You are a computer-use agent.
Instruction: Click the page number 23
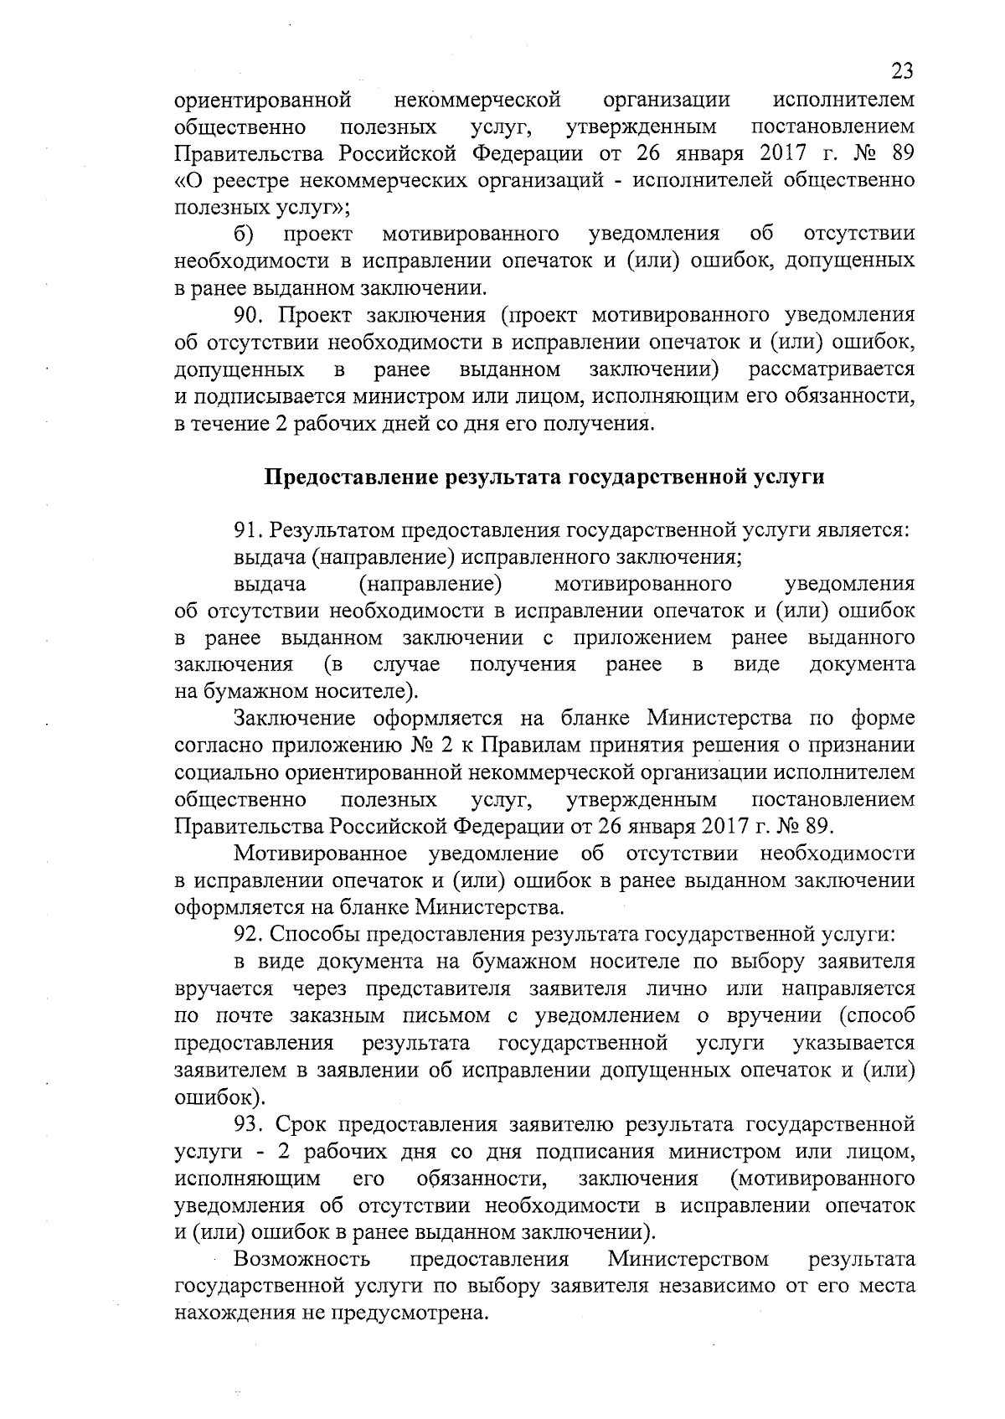tap(900, 70)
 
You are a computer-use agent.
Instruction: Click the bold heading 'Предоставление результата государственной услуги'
tap(544, 477)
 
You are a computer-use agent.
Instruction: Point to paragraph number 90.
tap(249, 315)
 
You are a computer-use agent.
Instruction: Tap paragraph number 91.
tap(248, 530)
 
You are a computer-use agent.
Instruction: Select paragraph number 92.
tap(249, 934)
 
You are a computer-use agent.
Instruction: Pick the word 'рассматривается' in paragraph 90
tap(831, 369)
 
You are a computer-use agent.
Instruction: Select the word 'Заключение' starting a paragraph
tap(293, 719)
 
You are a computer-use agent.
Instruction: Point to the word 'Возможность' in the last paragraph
tap(301, 1259)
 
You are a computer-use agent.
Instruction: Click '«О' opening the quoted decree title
tap(189, 180)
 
